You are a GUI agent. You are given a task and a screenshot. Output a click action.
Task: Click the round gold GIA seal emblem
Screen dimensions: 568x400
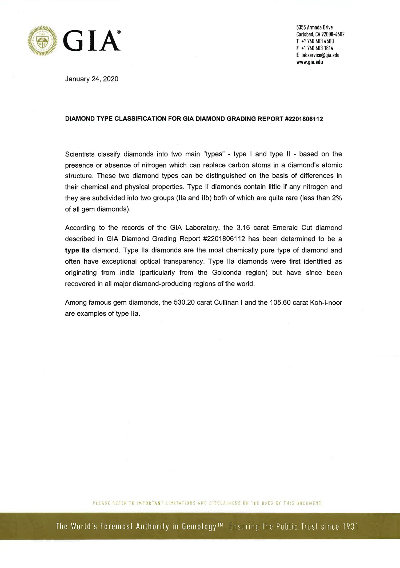point(42,41)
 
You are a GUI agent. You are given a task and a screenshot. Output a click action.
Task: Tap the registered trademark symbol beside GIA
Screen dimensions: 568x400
point(119,32)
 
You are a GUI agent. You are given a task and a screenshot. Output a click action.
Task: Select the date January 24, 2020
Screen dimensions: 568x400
point(91,79)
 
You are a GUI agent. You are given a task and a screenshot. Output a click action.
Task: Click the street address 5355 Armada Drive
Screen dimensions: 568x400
point(314,27)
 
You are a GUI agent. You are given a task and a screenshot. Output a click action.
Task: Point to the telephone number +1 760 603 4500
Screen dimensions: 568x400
point(317,41)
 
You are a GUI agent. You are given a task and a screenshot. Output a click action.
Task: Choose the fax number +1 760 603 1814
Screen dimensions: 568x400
point(317,48)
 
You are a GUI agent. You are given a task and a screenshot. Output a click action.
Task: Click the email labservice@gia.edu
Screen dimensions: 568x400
point(320,55)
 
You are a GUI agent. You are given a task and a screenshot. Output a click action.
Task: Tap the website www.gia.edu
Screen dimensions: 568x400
point(310,62)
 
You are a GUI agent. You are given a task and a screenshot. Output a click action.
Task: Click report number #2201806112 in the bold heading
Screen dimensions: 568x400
point(304,119)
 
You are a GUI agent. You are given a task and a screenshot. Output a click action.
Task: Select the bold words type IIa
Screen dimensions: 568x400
point(77,250)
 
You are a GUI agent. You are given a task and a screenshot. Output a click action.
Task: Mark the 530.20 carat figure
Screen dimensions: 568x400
point(184,303)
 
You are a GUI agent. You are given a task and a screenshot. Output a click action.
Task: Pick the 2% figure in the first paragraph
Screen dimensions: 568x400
point(337,198)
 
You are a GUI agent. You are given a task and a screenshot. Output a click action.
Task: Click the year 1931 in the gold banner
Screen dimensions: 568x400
point(350,526)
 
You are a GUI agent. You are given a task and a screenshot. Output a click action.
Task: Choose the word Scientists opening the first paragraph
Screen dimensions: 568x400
point(80,154)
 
